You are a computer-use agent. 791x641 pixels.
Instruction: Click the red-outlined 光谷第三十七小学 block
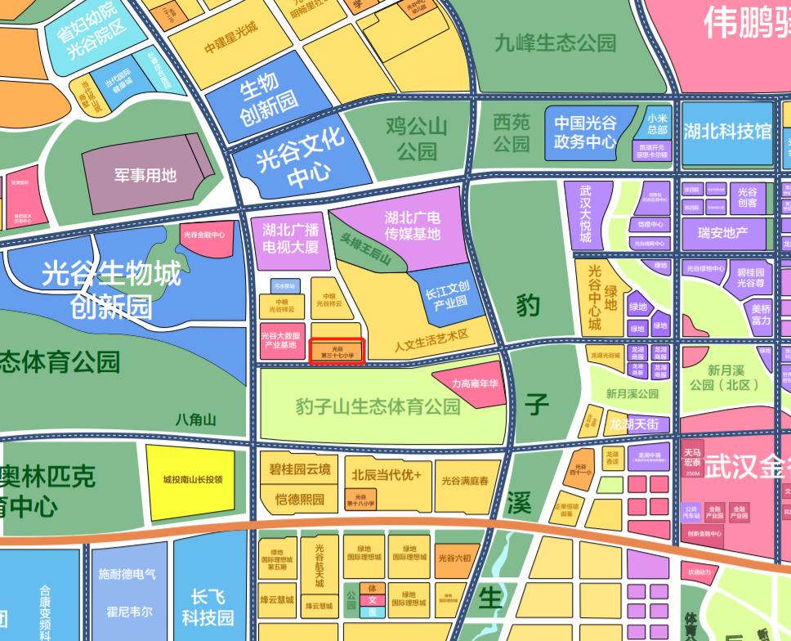[337, 352]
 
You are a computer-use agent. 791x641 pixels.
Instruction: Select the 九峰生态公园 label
[555, 43]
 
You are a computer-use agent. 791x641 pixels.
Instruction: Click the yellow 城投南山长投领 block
[192, 481]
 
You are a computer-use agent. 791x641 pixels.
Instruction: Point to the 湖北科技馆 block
[726, 132]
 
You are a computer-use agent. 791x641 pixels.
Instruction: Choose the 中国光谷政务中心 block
[585, 132]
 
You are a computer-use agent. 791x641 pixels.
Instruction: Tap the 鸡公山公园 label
[417, 138]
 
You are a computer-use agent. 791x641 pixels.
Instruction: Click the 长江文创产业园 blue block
[447, 295]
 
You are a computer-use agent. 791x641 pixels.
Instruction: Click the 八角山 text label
[196, 420]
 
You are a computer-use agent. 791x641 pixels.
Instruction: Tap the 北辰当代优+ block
[387, 475]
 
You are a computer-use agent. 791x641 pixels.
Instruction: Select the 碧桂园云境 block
[300, 469]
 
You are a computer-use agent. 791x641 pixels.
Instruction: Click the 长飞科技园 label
[208, 606]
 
